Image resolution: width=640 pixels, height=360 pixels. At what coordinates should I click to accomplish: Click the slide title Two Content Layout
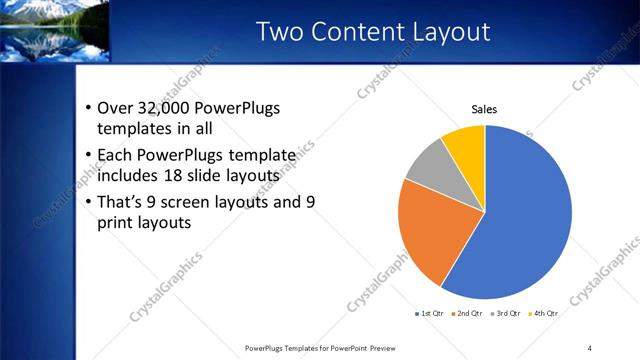pos(374,32)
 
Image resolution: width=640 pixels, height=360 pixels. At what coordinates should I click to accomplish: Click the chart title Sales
pos(484,110)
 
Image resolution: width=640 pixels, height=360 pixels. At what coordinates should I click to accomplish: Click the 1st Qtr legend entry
pos(431,313)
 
